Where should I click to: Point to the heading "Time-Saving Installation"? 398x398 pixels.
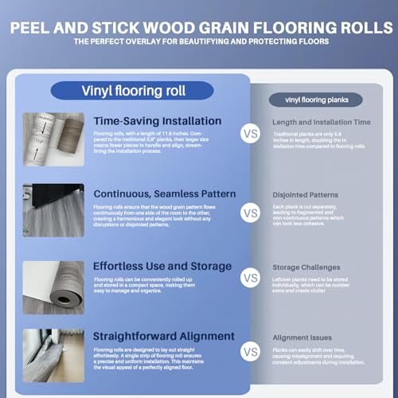(x=157, y=121)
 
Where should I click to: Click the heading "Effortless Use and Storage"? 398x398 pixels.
(x=162, y=267)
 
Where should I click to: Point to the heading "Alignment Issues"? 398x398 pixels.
(x=302, y=338)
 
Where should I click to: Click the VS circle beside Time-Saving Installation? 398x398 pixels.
(x=251, y=135)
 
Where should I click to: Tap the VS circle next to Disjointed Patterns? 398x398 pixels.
(x=251, y=213)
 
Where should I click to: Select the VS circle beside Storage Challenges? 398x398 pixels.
(x=251, y=279)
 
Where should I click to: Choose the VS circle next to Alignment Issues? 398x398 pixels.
(x=251, y=350)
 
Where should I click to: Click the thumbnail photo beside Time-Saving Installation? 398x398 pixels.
(x=53, y=139)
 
